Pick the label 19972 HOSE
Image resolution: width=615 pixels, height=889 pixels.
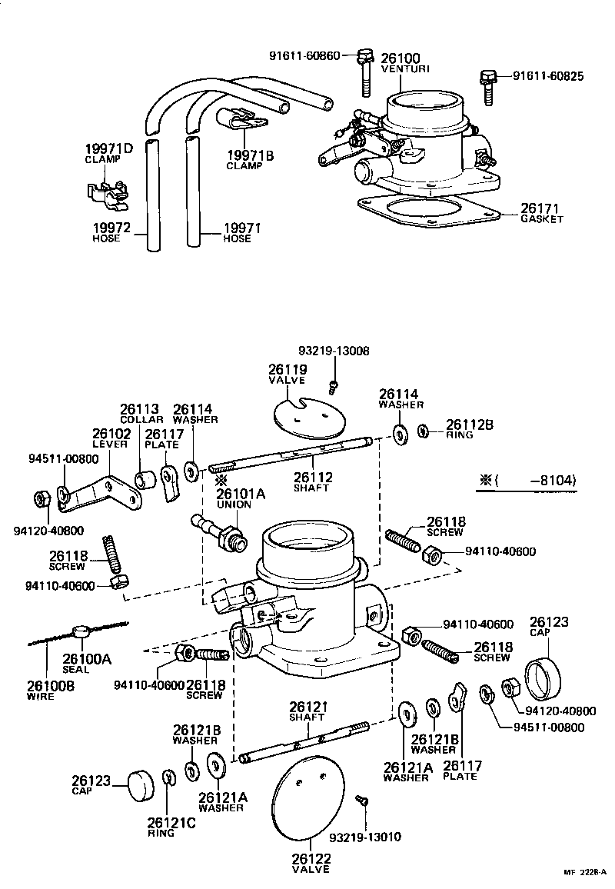click(x=111, y=232)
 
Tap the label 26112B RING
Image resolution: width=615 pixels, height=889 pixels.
click(x=470, y=428)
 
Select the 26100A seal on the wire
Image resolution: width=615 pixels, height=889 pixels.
click(x=80, y=632)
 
